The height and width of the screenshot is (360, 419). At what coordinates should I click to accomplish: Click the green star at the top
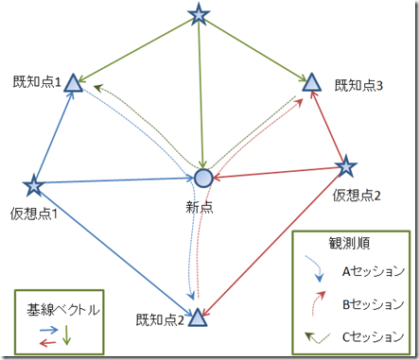coord(198,14)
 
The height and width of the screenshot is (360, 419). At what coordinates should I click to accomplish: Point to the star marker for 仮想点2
coord(346,167)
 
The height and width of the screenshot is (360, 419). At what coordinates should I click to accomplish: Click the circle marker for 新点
coord(203,178)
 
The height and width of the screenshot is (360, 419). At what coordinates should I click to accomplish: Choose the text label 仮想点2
coord(357,197)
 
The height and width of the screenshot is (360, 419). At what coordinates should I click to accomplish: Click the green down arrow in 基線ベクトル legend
coord(67,333)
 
